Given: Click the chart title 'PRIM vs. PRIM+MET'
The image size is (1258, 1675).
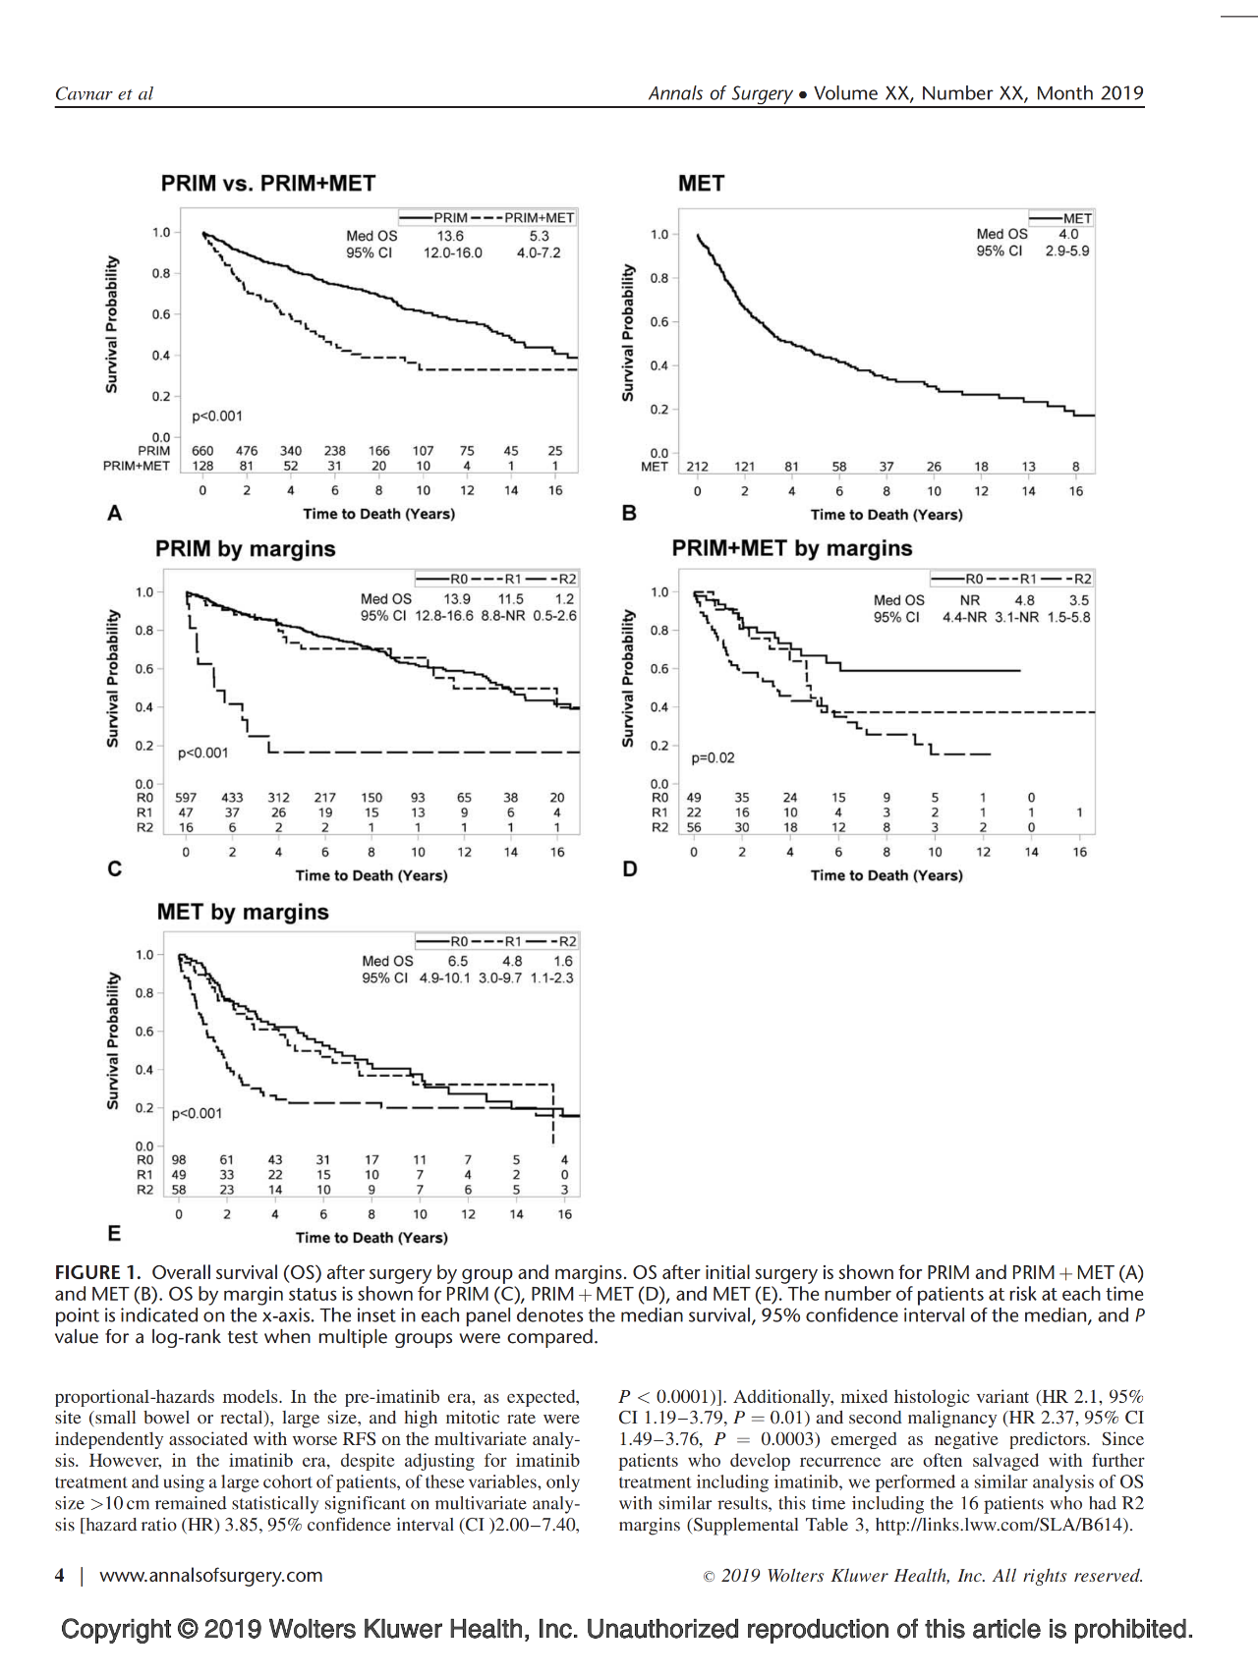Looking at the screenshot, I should [268, 184].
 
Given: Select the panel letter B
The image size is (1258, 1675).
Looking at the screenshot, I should [629, 513].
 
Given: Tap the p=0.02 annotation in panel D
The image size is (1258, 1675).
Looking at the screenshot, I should [713, 758].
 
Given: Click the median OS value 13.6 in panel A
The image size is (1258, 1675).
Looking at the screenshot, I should [450, 236].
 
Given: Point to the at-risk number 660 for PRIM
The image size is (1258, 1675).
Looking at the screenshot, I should [202, 451].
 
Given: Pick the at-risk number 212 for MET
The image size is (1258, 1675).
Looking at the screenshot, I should [697, 467].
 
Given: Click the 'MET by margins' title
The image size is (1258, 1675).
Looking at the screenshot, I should [243, 912].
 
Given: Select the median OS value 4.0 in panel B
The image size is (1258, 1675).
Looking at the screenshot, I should [1068, 234].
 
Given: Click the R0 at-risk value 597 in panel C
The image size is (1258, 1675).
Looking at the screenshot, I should [186, 798].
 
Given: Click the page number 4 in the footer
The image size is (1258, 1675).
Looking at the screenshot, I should [60, 1576].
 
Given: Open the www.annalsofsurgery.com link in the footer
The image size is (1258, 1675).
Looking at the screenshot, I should [211, 1576].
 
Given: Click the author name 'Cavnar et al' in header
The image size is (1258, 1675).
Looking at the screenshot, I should [104, 94].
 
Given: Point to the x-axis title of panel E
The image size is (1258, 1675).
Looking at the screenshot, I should [372, 1238].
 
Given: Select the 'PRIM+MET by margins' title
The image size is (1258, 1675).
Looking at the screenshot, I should [792, 548].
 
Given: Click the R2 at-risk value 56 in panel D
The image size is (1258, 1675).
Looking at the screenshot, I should [694, 827].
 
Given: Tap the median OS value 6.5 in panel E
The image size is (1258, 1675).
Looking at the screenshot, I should [458, 961].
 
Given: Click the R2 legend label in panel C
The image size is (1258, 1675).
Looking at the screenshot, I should [567, 579].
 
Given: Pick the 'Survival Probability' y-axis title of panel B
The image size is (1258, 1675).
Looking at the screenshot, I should [628, 333].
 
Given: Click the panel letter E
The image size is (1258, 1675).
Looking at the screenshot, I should [115, 1234].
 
